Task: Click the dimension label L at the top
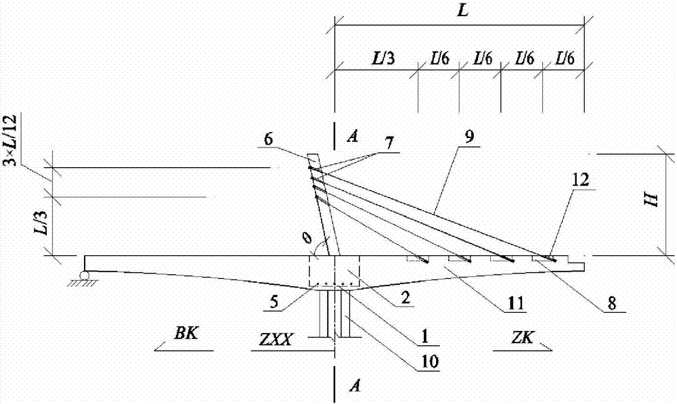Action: tap(462, 11)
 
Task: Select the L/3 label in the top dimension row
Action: tap(383, 58)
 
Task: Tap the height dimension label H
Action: tap(653, 200)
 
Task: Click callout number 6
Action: tap(269, 139)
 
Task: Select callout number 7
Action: tap(389, 143)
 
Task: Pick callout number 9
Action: tap(469, 137)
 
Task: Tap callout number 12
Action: tap(581, 179)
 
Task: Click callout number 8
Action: tap(612, 303)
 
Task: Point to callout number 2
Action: tap(405, 298)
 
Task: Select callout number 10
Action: tap(431, 361)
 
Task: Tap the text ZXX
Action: tap(275, 340)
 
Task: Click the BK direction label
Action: tap(186, 334)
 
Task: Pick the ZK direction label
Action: tap(522, 337)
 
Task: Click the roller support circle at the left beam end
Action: tap(84, 275)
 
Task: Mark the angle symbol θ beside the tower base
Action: tap(308, 238)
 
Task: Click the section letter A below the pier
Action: tap(355, 386)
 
